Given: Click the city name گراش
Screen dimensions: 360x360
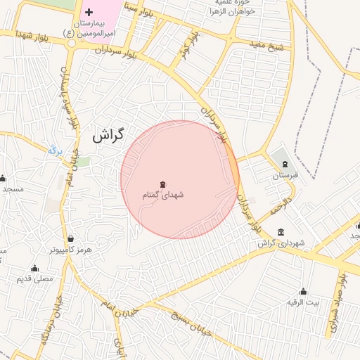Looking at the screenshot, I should coord(108,134).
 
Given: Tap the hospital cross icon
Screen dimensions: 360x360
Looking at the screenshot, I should coord(89,13).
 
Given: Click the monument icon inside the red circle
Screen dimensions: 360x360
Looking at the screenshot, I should coord(163,184).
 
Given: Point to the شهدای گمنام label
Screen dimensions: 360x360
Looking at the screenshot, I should coord(163,195).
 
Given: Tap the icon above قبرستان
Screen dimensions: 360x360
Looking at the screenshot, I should coord(284,164).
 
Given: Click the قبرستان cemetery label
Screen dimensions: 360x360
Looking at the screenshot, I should coord(285,175).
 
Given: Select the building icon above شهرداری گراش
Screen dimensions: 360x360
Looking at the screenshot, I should coord(281,232).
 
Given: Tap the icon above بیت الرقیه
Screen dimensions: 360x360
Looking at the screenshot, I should coord(303,291).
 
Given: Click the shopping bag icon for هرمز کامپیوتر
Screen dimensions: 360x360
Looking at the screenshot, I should coord(70,238).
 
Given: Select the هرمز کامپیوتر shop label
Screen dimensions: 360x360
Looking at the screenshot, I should coord(70,250).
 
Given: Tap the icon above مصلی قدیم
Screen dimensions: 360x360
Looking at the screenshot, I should coord(34,268).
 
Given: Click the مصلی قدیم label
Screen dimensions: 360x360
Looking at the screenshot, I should coord(35,279).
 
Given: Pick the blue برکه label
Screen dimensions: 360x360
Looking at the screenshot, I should coord(56,150).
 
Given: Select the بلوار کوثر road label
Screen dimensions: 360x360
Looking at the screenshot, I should coord(185,49).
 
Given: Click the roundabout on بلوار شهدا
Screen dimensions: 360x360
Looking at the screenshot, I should coord(72,42).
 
